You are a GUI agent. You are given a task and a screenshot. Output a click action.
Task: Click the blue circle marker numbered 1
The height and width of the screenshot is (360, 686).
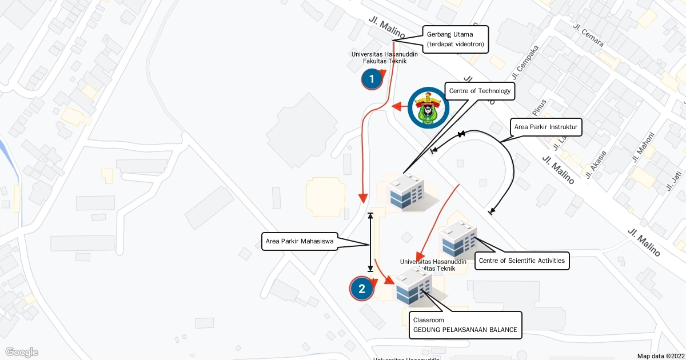(x=372, y=79)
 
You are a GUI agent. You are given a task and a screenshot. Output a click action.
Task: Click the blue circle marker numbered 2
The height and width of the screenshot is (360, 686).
(x=361, y=289)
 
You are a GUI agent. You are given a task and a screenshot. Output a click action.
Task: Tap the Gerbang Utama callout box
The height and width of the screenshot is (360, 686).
(x=456, y=39)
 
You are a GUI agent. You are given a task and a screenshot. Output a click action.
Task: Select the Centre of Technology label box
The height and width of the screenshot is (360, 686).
(x=479, y=91)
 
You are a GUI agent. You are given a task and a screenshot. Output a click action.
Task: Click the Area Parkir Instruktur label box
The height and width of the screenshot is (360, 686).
(x=545, y=127)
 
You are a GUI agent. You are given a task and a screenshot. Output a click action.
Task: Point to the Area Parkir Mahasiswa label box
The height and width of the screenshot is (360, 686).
(x=299, y=241)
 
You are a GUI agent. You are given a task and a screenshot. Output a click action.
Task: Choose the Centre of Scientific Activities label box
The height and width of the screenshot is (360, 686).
(x=521, y=261)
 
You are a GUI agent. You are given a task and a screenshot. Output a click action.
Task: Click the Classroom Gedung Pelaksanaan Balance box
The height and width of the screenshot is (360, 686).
(x=465, y=325)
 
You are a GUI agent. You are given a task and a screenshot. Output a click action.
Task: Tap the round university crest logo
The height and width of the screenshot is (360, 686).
(x=429, y=107)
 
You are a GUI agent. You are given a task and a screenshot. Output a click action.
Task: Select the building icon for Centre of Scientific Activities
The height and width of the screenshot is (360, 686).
(x=458, y=239)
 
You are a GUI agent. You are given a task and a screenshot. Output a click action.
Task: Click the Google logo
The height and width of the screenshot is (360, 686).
(x=22, y=352)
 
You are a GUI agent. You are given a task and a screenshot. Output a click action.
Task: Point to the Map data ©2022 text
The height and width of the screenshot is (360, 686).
(x=660, y=355)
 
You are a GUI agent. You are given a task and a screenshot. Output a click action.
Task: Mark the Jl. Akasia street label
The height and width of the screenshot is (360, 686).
(x=596, y=163)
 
